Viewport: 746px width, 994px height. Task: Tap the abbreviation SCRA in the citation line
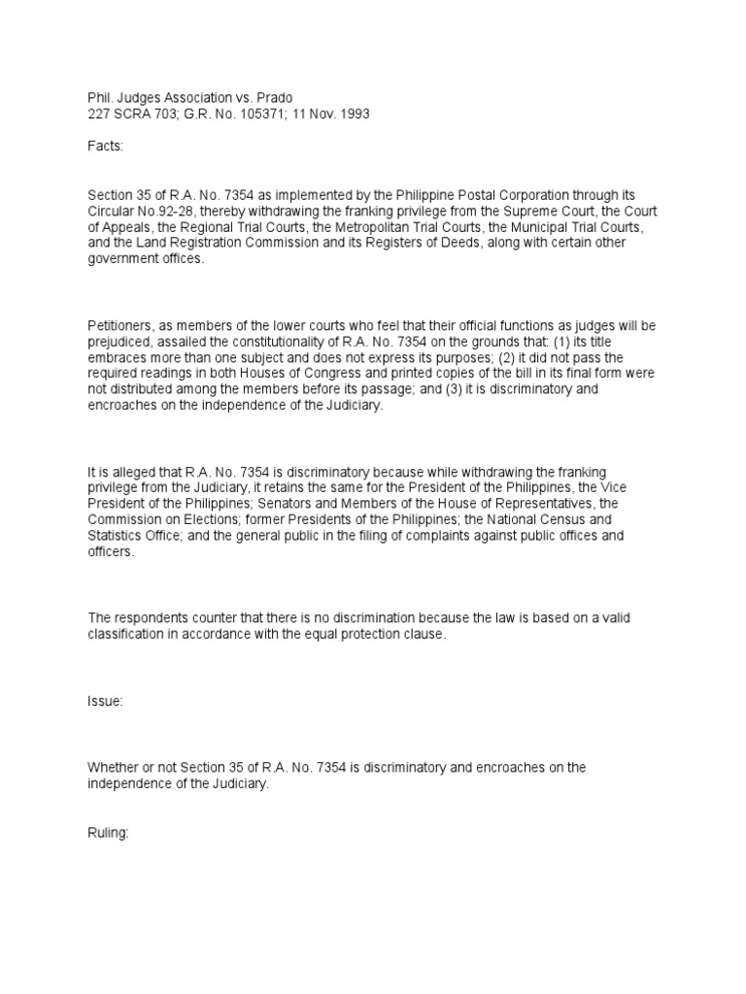129,114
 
